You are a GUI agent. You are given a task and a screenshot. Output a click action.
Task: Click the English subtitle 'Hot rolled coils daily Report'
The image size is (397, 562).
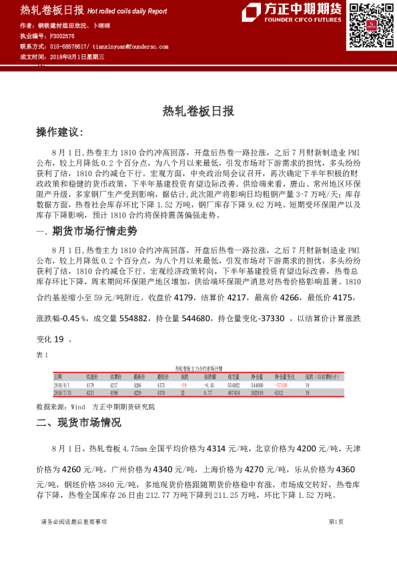coord(127,11)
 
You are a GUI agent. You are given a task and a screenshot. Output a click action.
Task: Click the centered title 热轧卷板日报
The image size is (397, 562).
coord(198,112)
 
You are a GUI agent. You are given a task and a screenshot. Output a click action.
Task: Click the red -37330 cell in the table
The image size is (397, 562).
coord(280,385)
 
